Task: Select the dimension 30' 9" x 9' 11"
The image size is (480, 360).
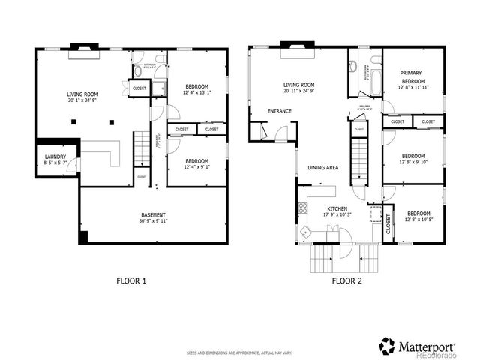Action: pos(154,221)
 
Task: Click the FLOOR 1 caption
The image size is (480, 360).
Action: pos(131,281)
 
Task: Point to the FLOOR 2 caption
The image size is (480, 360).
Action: pos(347,281)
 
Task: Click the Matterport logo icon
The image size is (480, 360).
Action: pos(387,345)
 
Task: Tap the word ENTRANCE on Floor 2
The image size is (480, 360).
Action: pos(280,111)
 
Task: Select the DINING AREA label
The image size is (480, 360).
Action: pos(323,168)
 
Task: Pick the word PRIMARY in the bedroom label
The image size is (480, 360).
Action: pos(411,73)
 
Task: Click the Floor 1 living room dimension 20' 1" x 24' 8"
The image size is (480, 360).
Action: pos(82,100)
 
